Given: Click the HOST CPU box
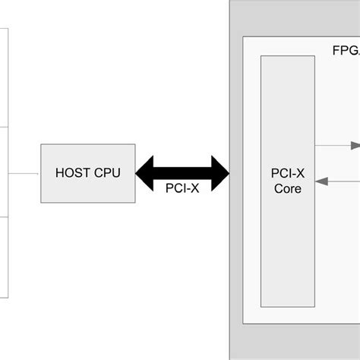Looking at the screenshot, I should pos(88,172).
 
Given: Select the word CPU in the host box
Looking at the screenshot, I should pos(106,172).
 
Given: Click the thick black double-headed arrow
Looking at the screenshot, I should pos(182,172).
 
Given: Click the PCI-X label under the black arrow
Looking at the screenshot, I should pos(182,190).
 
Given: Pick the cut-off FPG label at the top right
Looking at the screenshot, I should pos(346,52).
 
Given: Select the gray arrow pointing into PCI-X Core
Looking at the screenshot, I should pos(338,181).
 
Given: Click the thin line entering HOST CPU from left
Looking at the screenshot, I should pos(24,172).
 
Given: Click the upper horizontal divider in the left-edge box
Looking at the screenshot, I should pos(4,127).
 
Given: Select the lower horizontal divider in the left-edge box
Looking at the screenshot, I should pos(4,217).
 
